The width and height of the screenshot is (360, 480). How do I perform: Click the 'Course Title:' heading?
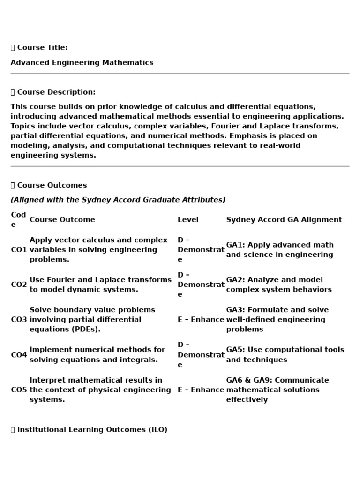pyautogui.click(x=42, y=47)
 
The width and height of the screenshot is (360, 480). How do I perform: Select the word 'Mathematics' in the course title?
pyautogui.click(x=131, y=62)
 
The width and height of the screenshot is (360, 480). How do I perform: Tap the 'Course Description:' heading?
pyautogui.click(x=56, y=92)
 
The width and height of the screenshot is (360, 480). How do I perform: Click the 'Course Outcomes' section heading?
pyautogui.click(x=52, y=185)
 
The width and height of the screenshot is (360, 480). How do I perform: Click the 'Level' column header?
pyautogui.click(x=188, y=219)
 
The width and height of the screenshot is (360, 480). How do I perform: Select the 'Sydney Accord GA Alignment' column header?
pyautogui.click(x=284, y=219)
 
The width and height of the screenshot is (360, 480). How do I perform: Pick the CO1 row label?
pyautogui.click(x=19, y=250)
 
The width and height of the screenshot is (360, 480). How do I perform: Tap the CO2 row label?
pyautogui.click(x=19, y=285)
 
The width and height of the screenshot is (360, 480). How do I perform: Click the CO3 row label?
pyautogui.click(x=19, y=320)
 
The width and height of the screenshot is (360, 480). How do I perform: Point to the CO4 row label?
pyautogui.click(x=19, y=355)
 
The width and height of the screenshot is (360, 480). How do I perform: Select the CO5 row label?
pyautogui.click(x=19, y=390)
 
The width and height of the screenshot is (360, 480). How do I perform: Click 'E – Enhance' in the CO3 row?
pyautogui.click(x=201, y=320)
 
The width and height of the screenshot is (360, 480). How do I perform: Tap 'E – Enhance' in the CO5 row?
pyautogui.click(x=201, y=390)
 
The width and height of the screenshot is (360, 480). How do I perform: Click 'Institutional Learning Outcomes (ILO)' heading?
pyautogui.click(x=92, y=429)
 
